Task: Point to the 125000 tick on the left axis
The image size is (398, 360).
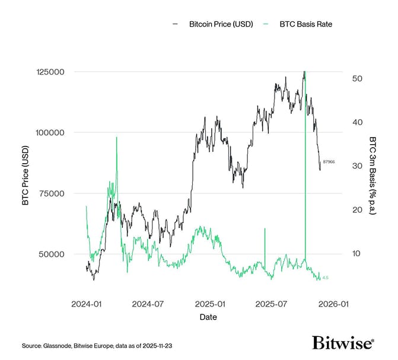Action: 51,72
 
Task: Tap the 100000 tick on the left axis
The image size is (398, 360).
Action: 51,133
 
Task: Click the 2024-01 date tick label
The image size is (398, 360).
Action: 87,304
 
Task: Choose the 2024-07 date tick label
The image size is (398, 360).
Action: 148,304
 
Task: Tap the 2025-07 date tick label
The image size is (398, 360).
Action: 270,304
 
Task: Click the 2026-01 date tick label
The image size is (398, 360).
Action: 331,304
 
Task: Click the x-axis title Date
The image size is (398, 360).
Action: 208,317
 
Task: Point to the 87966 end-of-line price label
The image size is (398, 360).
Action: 329,162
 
